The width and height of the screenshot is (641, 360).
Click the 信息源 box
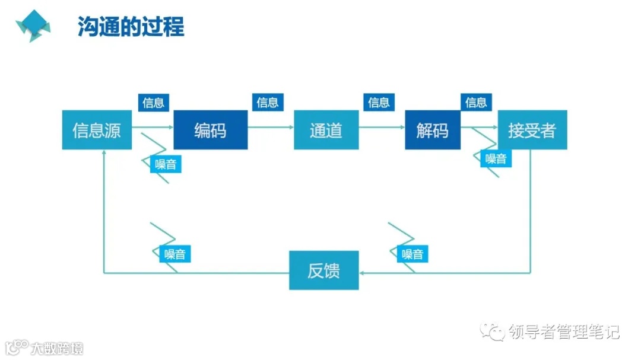tap(97, 130)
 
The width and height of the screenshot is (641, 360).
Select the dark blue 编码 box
tap(210, 130)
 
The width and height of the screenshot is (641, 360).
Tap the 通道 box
tap(326, 130)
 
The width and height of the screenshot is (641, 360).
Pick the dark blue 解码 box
tap(432, 130)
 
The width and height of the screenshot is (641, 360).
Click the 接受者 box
tap(532, 130)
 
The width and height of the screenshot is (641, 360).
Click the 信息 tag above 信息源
tap(154, 103)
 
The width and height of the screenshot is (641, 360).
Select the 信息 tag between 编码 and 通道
tap(267, 103)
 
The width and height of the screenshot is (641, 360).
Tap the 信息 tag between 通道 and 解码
tap(379, 103)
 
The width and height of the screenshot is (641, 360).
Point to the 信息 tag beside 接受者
tap(476, 103)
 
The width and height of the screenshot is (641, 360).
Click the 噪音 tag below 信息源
tap(166, 164)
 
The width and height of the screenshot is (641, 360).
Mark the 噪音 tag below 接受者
tap(496, 158)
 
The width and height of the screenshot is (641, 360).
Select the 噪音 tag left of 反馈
tap(175, 254)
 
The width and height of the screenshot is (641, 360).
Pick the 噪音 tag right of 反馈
tap(412, 254)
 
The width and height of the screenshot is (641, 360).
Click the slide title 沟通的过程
tap(131, 27)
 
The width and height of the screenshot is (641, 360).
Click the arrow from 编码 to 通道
tap(271, 127)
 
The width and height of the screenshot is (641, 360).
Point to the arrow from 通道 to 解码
tap(382, 127)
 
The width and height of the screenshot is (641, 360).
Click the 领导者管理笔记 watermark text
tap(564, 332)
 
